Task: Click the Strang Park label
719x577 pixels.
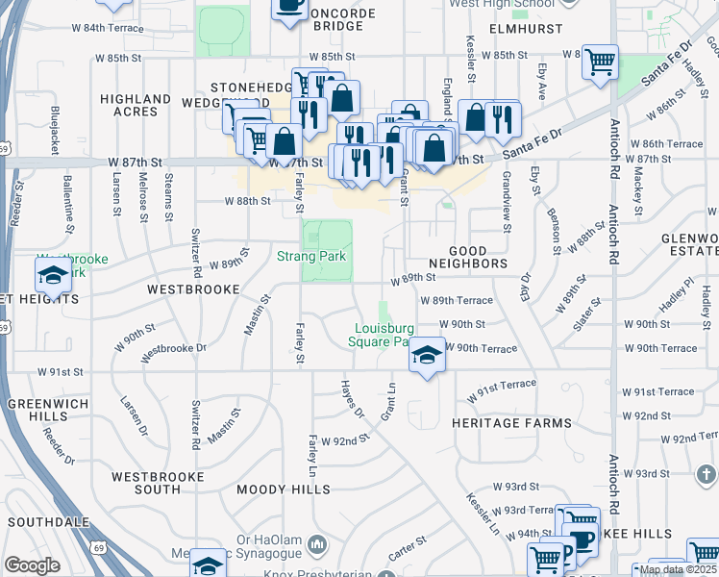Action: [310, 255]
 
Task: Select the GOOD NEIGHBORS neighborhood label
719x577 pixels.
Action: [467, 255]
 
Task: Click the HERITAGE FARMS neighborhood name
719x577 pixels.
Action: [518, 422]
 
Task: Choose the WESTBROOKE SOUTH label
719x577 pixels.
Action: [158, 484]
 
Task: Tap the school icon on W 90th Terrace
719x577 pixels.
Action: [425, 355]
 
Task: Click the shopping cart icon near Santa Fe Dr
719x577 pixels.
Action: [601, 62]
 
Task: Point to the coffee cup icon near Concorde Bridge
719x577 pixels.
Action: [288, 6]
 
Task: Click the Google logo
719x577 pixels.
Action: [32, 565]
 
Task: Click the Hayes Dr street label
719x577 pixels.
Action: [353, 398]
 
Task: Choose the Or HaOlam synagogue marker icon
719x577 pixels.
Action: [319, 546]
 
